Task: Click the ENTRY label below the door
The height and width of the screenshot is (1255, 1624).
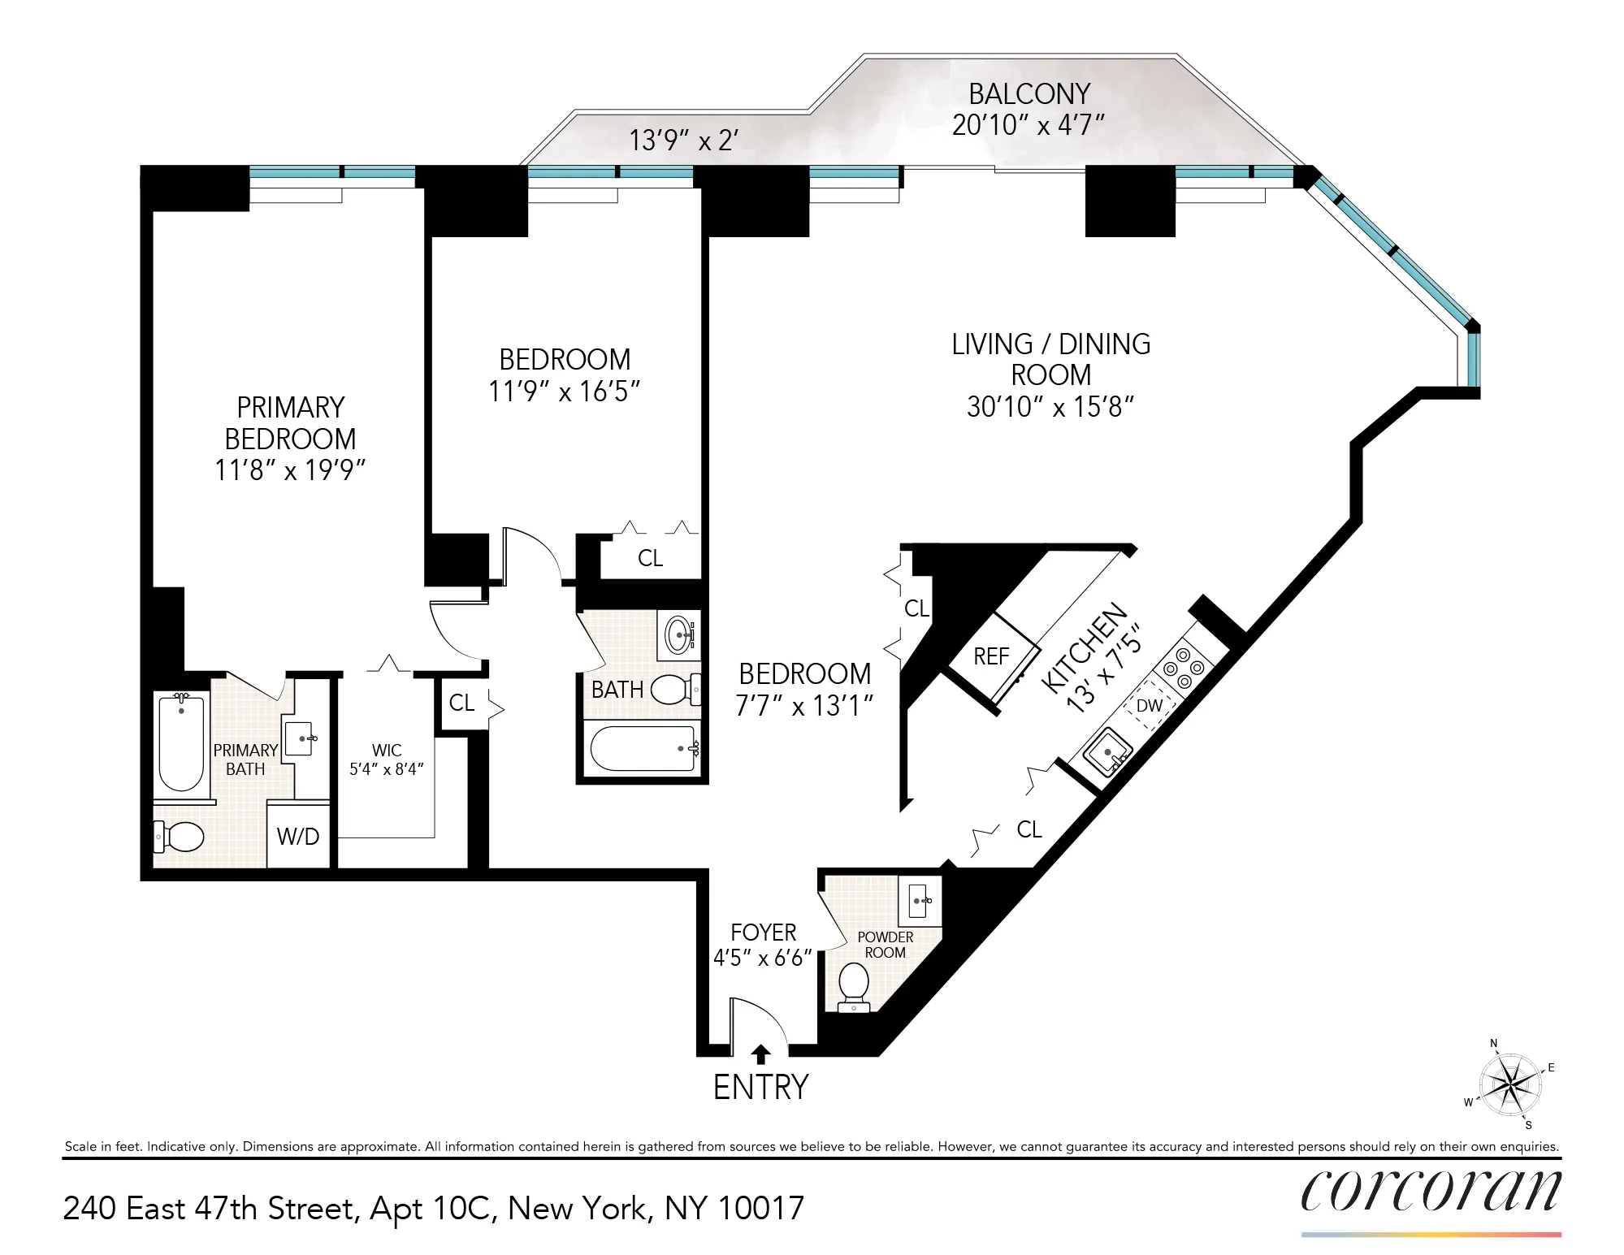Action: (x=760, y=1088)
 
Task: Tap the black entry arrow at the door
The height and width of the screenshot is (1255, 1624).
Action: (x=760, y=1054)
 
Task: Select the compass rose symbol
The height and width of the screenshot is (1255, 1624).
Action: (x=1510, y=1084)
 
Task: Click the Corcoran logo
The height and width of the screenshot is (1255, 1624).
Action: (x=1431, y=1192)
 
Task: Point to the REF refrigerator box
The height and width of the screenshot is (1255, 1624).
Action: (x=991, y=656)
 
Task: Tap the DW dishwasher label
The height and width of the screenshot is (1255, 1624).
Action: (x=1149, y=706)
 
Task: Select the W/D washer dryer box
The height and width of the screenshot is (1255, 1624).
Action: (x=298, y=836)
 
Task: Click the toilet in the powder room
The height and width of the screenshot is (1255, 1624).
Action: (x=854, y=985)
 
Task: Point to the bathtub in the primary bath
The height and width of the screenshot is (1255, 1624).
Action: (x=181, y=741)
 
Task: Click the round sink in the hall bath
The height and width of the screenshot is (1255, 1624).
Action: (x=678, y=634)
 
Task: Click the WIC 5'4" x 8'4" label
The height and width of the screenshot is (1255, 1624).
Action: (x=387, y=759)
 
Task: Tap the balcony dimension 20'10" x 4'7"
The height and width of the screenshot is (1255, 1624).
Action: (x=1029, y=125)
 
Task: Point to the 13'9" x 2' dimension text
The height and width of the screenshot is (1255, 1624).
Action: (x=683, y=141)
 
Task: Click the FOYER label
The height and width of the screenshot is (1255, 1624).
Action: (x=763, y=933)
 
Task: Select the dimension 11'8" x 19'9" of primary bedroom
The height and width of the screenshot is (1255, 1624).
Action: (x=290, y=470)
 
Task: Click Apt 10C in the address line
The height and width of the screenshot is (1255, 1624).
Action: (x=431, y=1209)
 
